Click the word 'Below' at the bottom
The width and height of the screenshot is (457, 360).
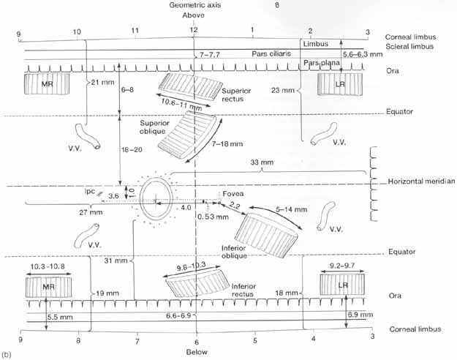pos(196,352)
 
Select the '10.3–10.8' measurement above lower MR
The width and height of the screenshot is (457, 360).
pos(45,269)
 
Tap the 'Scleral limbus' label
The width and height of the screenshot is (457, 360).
pos(410,47)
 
